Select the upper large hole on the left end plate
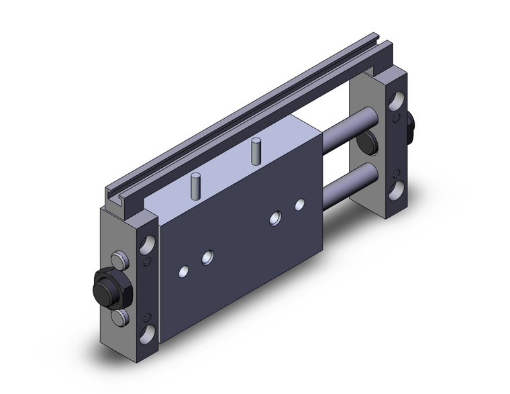147,240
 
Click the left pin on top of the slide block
195,185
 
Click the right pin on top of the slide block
256,151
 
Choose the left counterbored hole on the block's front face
208,256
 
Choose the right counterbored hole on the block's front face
275,217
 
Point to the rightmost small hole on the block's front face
299,203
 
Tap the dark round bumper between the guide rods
366,142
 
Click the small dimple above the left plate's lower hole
148,312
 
